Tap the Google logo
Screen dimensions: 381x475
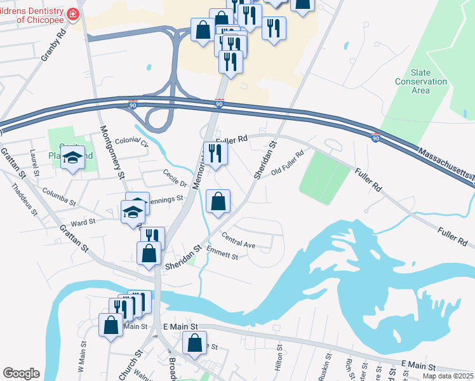pyautogui.click(x=21, y=373)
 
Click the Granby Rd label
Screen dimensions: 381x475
pyautogui.click(x=53, y=44)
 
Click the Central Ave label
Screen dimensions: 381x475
pyautogui.click(x=238, y=244)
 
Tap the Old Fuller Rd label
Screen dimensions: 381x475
pyautogui.click(x=288, y=163)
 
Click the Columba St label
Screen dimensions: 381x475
pyautogui.click(x=59, y=191)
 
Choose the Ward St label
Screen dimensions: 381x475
pyautogui.click(x=83, y=223)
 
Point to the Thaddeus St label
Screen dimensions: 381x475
pyautogui.click(x=25, y=199)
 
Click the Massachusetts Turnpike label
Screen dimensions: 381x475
pyautogui.click(x=445, y=163)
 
